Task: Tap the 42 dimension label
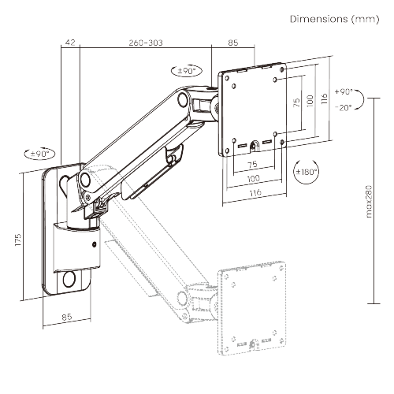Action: pyautogui.click(x=70, y=43)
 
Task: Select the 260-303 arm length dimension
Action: pyautogui.click(x=145, y=43)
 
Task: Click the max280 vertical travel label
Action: pyautogui.click(x=370, y=204)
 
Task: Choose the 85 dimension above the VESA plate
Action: pyautogui.click(x=233, y=43)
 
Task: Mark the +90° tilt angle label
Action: pyautogui.click(x=344, y=91)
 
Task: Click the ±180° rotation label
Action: pyautogui.click(x=305, y=173)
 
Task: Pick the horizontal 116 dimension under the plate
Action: pyautogui.click(x=251, y=192)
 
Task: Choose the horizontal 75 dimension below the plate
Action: pyautogui.click(x=251, y=165)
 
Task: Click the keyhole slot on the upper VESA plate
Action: pyautogui.click(x=255, y=144)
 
